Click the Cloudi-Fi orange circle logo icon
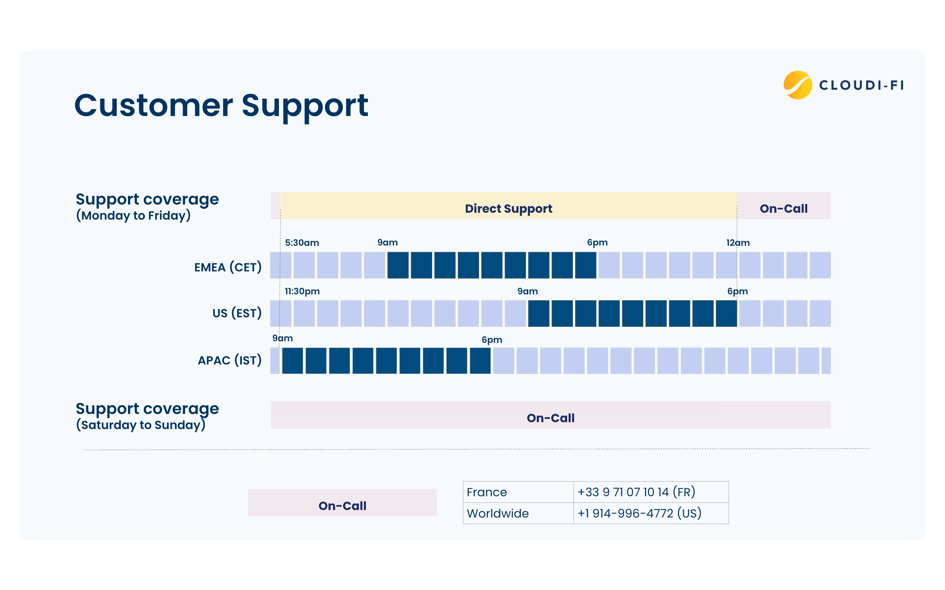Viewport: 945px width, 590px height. tap(797, 85)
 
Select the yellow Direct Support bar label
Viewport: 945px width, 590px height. tap(508, 208)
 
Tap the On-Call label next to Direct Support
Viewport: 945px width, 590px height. tap(783, 208)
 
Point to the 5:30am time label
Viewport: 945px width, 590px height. tap(302, 243)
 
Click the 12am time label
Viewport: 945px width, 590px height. tap(737, 243)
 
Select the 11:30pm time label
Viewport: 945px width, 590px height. tap(302, 291)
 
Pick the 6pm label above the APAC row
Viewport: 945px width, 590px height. tap(491, 340)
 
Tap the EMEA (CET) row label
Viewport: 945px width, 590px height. tap(228, 267)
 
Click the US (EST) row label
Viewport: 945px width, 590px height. tap(237, 313)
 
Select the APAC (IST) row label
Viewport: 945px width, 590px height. tap(230, 360)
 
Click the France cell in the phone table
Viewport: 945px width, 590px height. tap(487, 492)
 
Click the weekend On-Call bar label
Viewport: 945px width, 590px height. tap(550, 418)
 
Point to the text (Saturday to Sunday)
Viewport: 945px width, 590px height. tap(140, 425)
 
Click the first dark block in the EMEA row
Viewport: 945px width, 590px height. tap(398, 265)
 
